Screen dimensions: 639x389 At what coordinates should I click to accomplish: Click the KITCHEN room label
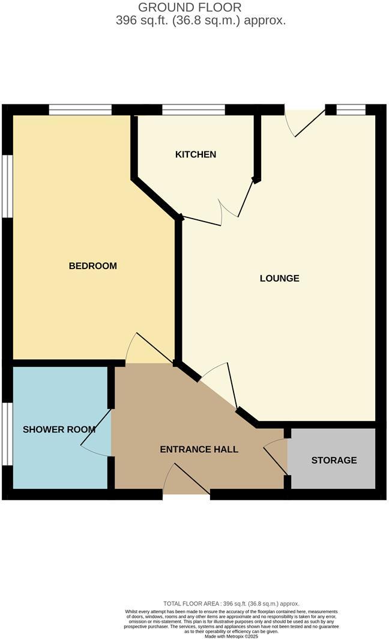[195, 154]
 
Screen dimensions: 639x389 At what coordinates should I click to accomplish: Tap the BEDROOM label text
[92, 265]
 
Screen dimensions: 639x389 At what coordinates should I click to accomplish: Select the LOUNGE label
[279, 278]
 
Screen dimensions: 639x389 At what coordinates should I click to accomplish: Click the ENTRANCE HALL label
[199, 449]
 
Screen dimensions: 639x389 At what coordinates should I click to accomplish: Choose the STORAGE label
[334, 460]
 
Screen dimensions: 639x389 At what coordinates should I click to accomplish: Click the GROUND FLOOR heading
[190, 7]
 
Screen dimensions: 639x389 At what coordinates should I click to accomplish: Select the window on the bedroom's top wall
[80, 110]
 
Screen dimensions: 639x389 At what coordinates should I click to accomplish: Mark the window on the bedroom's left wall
[7, 185]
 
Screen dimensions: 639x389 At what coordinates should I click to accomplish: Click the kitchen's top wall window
[193, 110]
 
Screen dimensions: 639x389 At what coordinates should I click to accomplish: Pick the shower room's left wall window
[7, 433]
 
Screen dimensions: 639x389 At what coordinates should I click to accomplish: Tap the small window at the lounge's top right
[351, 110]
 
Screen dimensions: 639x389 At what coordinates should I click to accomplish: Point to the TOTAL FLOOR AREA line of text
[231, 604]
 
